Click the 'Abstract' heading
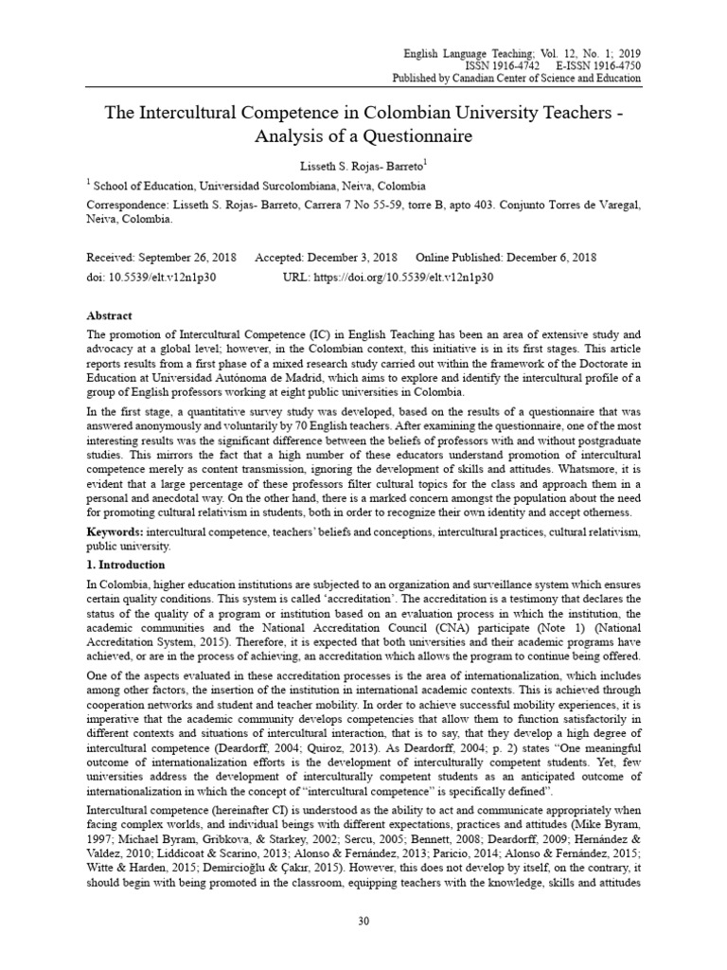[110, 315]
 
